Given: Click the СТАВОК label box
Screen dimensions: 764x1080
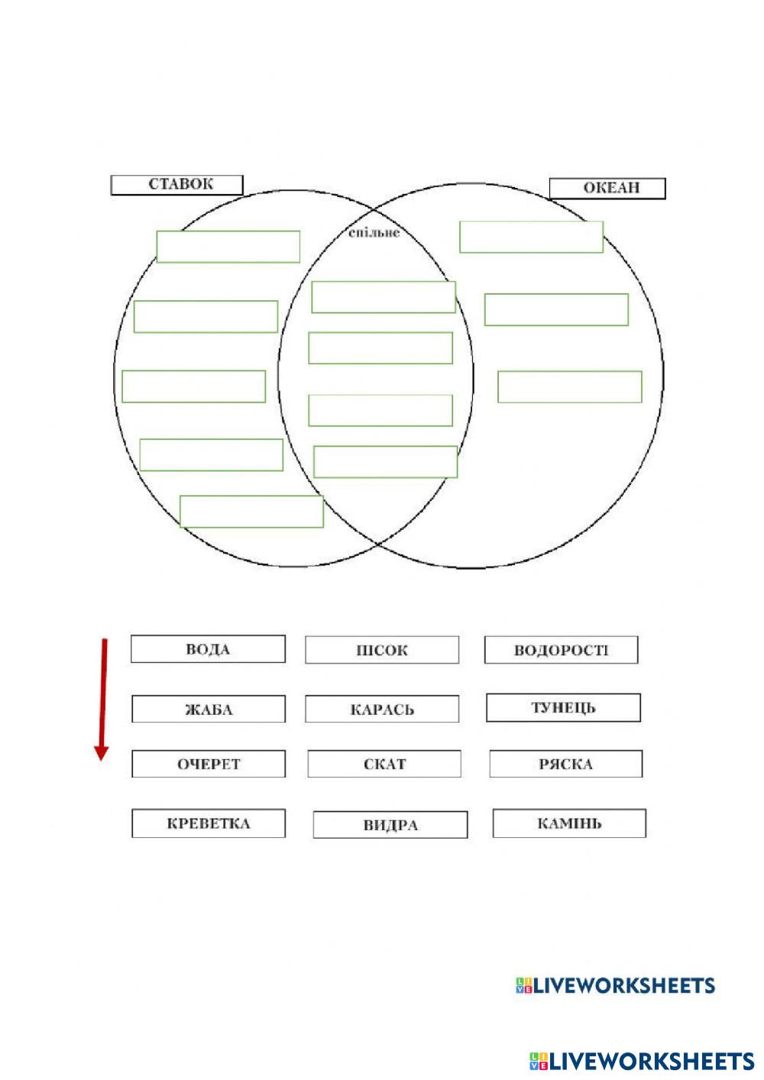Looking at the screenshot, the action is tap(176, 185).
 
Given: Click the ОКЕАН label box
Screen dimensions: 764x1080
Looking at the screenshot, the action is tap(607, 189).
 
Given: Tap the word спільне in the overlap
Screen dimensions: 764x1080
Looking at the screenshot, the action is tap(374, 232).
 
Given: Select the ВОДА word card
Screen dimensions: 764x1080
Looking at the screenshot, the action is tap(208, 649).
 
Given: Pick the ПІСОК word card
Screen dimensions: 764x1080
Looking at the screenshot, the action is tap(382, 650).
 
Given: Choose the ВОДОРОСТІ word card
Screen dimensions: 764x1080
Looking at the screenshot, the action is tap(561, 650).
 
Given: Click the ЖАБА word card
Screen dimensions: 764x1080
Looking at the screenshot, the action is tap(208, 709).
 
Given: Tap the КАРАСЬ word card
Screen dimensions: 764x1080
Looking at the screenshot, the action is tap(382, 709).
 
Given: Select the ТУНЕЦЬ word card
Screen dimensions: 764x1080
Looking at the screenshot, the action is tap(563, 707).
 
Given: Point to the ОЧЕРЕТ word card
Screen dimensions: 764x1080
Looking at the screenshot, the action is tap(208, 764).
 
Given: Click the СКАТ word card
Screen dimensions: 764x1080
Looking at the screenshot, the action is tap(384, 764).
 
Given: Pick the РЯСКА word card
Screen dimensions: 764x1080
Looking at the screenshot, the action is tap(565, 764).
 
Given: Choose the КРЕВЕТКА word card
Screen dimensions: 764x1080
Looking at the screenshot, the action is tap(208, 823).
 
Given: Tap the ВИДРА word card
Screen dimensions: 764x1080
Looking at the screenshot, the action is tap(390, 825).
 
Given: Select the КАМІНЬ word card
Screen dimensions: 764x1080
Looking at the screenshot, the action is tap(569, 823).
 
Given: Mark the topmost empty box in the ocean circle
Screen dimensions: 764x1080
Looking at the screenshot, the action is tap(531, 237).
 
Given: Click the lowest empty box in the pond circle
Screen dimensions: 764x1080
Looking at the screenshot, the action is tap(251, 511).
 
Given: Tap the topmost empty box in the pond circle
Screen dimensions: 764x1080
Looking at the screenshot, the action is tap(228, 247).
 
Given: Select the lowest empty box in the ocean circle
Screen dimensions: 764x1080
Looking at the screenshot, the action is tap(569, 386).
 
